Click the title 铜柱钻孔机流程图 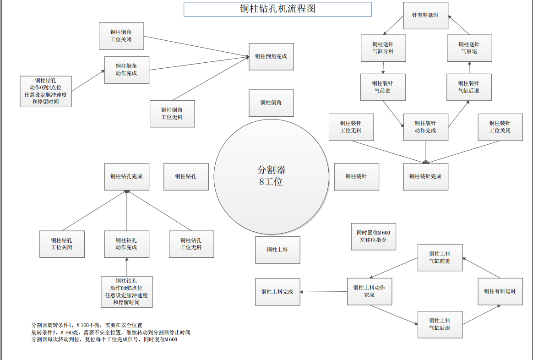point(277,9)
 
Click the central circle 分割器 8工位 point(271,176)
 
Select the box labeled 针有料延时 point(425,16)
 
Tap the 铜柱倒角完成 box point(271,56)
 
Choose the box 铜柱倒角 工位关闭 point(121,36)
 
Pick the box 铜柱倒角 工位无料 point(172,114)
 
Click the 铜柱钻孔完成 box point(126,176)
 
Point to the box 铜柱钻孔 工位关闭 point(62,244)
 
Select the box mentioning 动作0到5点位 point(126,292)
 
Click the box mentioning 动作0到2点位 point(46,91)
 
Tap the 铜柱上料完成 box point(277,292)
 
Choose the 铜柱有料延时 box point(500,291)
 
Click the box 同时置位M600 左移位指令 point(373,236)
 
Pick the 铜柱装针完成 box point(425,176)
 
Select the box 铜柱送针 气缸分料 point(383,48)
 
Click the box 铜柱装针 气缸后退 point(469,87)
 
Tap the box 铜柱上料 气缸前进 point(440,257)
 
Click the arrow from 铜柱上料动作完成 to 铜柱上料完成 point(324,292)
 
